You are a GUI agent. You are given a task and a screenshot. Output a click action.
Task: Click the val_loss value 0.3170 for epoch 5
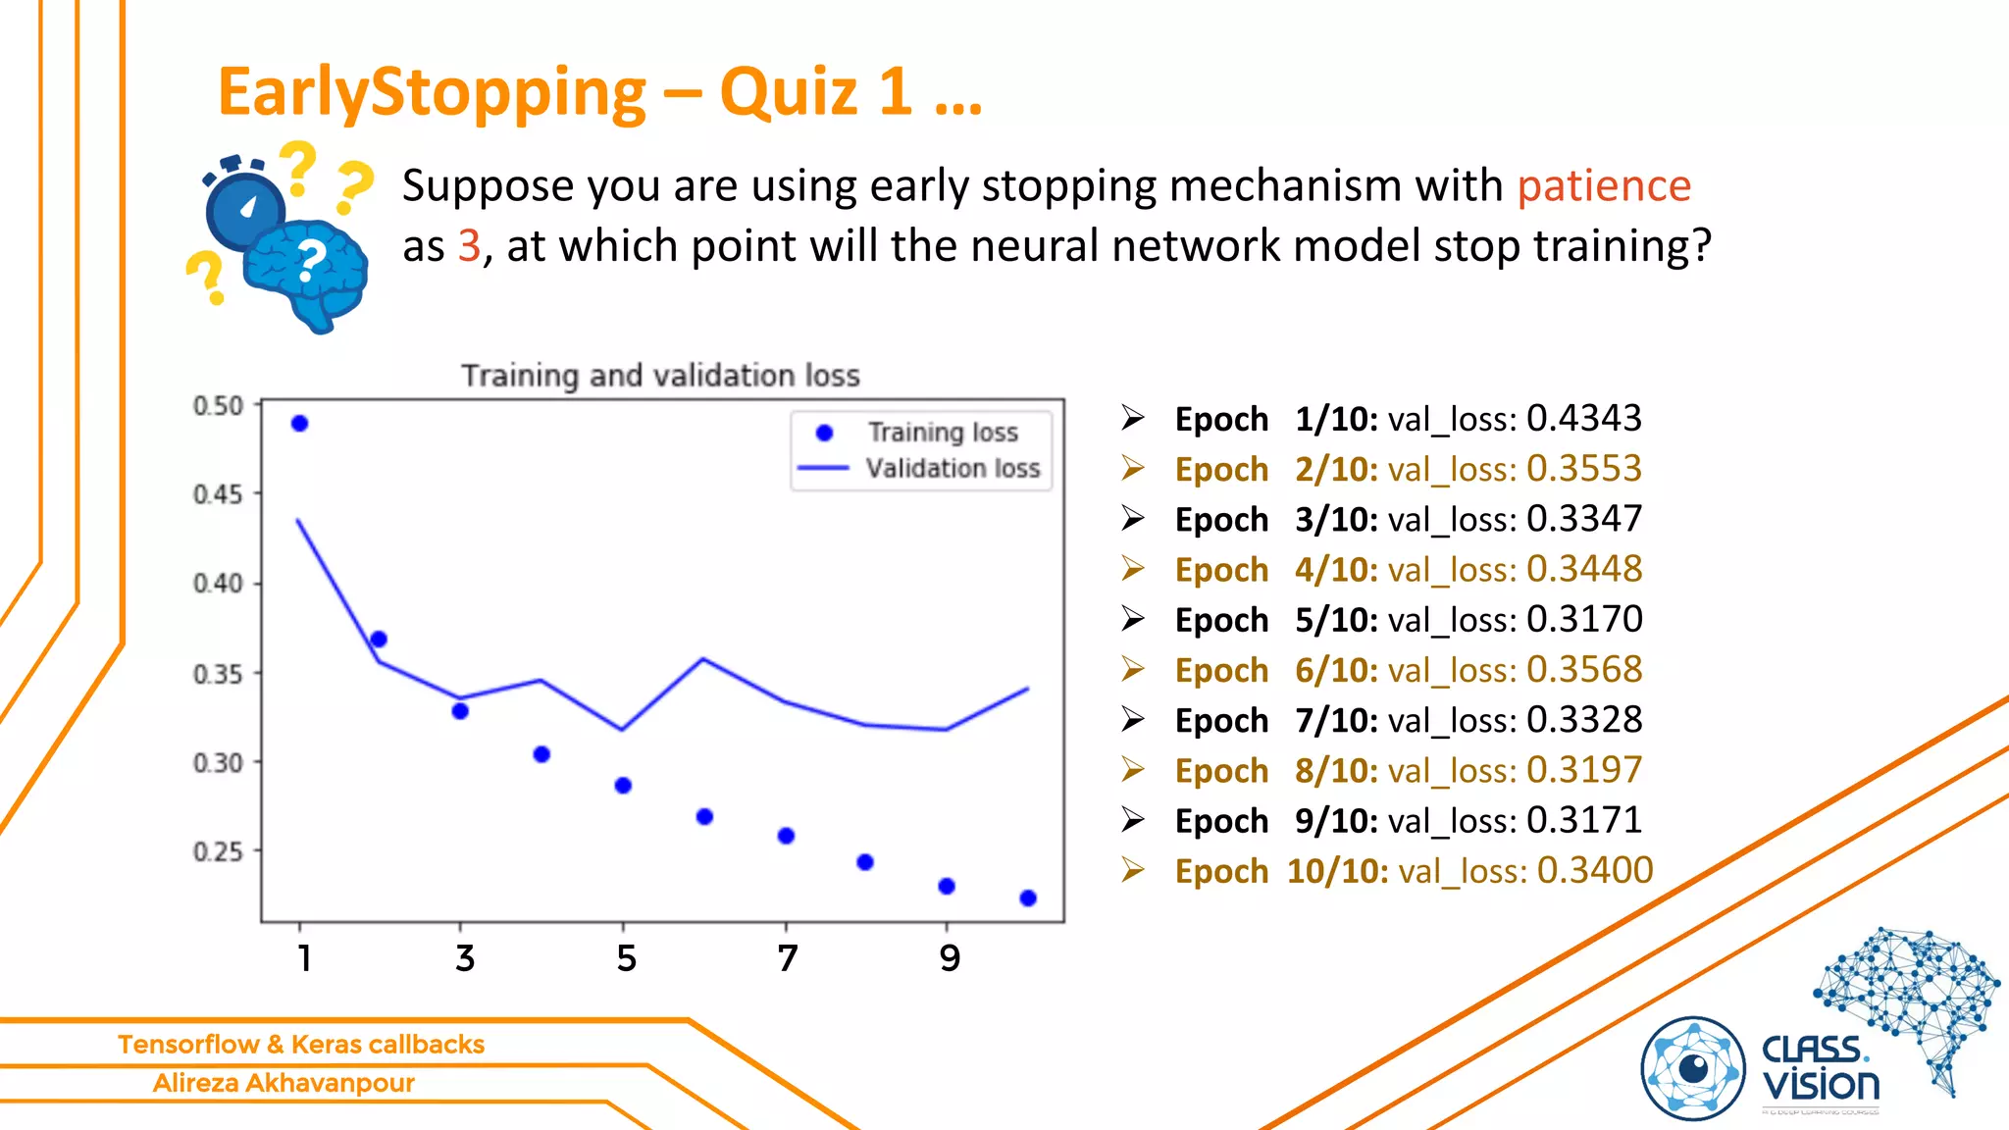tap(1584, 619)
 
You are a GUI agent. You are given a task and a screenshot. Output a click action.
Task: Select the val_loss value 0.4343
tap(1584, 418)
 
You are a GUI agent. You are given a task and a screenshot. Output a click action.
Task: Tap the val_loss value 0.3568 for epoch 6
tap(1584, 669)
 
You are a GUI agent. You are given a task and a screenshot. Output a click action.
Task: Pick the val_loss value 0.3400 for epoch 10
tap(1595, 870)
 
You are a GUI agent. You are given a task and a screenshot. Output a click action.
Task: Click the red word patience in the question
tap(1604, 185)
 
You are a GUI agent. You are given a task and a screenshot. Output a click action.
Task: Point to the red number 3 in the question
tap(469, 245)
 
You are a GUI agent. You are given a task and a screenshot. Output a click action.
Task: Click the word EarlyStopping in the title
tap(432, 92)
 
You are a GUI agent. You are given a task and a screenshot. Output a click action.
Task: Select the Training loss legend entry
tap(942, 433)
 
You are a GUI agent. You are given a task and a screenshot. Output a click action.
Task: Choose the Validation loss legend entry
tap(952, 468)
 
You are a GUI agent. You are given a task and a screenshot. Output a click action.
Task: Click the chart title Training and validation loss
tap(660, 375)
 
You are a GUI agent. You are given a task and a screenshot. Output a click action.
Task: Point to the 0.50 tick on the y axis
tap(218, 405)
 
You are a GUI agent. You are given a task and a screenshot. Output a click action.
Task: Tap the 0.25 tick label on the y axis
tap(218, 851)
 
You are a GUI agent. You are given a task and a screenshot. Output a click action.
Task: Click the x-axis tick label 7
tap(787, 957)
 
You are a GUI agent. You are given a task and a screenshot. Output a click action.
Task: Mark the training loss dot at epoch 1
tap(300, 424)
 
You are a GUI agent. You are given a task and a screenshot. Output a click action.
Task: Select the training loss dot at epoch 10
tap(1028, 898)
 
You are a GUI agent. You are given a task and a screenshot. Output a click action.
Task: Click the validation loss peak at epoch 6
tap(703, 659)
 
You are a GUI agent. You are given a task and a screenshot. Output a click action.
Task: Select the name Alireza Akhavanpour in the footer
tap(283, 1083)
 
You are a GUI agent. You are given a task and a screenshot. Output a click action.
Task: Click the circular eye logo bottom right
tap(1693, 1068)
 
